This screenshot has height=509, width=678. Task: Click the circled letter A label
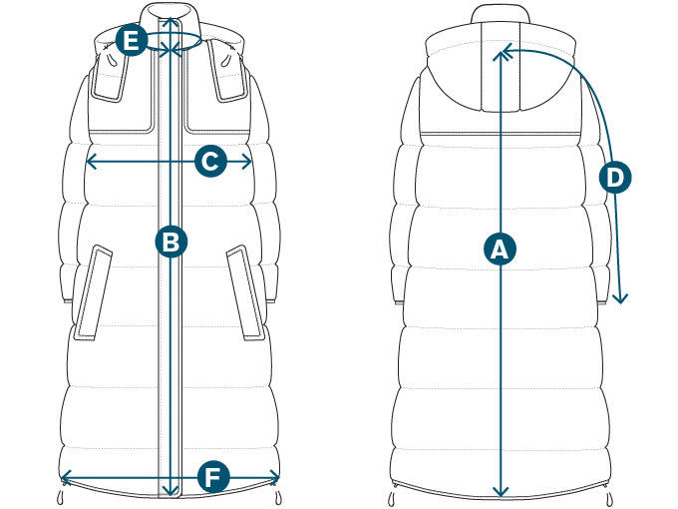pos(500,248)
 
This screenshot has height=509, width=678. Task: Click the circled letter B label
pos(171,241)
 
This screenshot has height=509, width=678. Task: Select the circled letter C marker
pos(210,161)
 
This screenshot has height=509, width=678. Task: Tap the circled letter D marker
pos(615,178)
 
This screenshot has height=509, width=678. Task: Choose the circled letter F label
pos(209,476)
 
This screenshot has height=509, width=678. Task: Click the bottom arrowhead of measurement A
pos(500,491)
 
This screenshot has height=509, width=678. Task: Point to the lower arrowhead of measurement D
pos(620,298)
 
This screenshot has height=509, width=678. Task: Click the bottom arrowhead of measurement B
pos(171,490)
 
